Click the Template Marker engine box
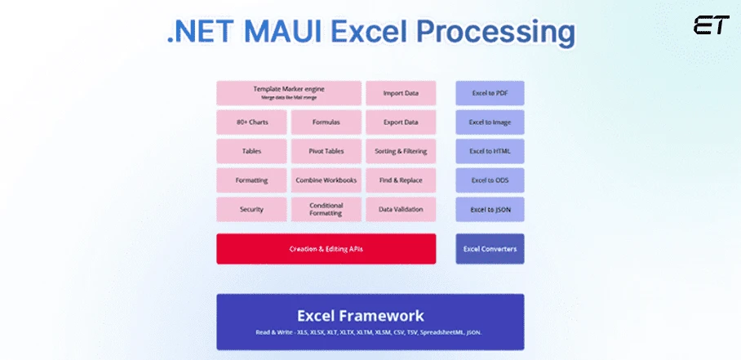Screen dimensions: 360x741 tap(288, 93)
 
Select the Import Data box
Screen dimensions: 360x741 tap(401, 93)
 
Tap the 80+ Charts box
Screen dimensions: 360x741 tap(251, 122)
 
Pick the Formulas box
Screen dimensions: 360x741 tap(326, 122)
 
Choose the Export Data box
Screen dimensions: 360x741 tap(401, 122)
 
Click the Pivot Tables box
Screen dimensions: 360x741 tap(326, 151)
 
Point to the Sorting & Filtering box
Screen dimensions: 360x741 tap(401, 151)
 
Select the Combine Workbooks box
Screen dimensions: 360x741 tap(326, 180)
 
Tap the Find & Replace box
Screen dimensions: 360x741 tap(401, 180)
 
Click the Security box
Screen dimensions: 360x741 tap(251, 209)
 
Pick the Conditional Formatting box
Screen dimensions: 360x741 tap(326, 209)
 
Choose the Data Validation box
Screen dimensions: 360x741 tap(401, 209)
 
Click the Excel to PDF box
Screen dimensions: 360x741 tap(490, 93)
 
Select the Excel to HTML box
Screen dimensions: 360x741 tap(490, 151)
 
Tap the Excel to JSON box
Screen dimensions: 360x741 tap(490, 209)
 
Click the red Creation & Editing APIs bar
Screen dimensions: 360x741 tap(326, 248)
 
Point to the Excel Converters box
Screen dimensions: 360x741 tap(490, 248)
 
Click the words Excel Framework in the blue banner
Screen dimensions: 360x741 tap(360, 315)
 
